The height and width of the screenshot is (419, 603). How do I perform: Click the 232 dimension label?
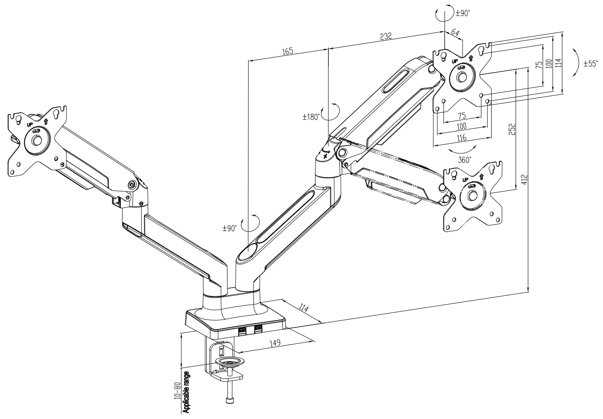point(386,36)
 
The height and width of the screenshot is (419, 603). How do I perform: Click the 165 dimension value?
point(287,51)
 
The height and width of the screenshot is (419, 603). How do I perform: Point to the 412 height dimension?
point(524,180)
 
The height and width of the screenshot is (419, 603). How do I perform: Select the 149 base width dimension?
point(275,343)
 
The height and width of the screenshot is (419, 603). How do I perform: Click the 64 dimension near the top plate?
point(455,32)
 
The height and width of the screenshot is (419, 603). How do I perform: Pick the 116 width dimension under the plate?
point(462,138)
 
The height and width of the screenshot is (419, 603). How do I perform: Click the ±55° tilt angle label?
point(590,63)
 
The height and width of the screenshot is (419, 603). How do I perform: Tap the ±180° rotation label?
point(311,117)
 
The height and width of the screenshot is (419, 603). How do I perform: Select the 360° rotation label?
point(464,160)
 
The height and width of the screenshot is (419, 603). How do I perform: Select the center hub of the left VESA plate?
point(36,140)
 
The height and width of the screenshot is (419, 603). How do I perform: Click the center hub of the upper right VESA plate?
point(462,77)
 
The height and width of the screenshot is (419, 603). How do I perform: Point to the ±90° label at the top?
point(462,13)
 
